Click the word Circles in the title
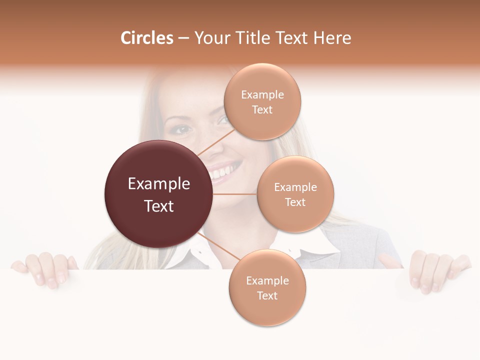[x=146, y=38]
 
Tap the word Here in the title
[x=332, y=38]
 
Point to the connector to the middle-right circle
[x=235, y=194]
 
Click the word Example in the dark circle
[x=158, y=184]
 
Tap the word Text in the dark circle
[x=158, y=206]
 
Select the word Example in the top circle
[x=262, y=95]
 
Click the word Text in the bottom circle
[x=267, y=296]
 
